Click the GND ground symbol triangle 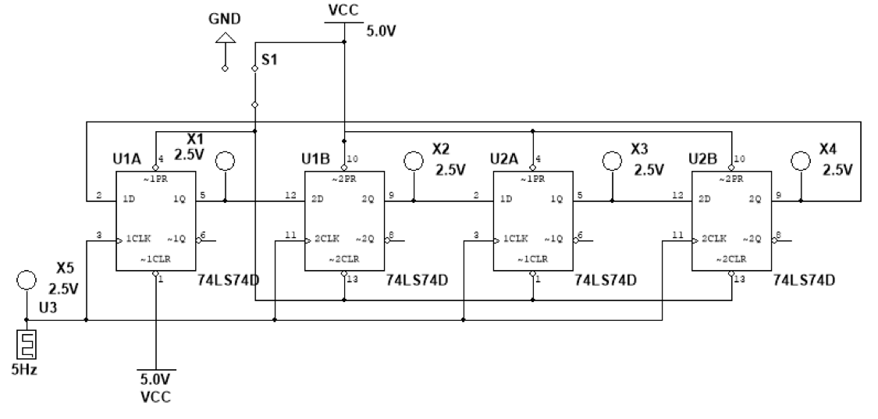[x=226, y=36]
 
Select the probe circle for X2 [x=414, y=161]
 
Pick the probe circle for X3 [x=613, y=161]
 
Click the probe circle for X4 [x=799, y=161]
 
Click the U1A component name [x=127, y=161]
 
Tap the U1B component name [x=316, y=159]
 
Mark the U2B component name [x=702, y=159]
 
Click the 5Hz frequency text [x=23, y=369]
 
